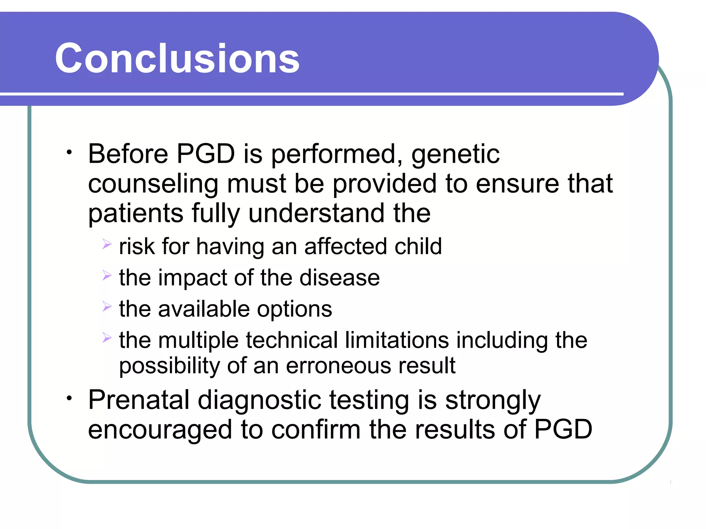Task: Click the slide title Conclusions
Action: click(177, 59)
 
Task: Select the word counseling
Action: click(153, 184)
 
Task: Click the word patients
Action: click(135, 214)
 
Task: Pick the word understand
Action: click(316, 213)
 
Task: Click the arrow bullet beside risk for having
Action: click(107, 245)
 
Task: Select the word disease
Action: click(339, 278)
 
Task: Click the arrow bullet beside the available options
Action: click(107, 306)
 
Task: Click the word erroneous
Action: click(338, 365)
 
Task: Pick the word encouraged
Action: click(160, 430)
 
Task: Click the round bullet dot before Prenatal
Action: click(69, 398)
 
